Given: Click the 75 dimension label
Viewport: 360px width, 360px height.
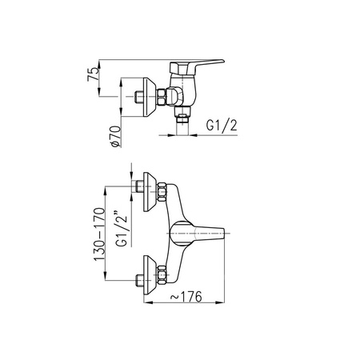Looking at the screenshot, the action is [x=93, y=74].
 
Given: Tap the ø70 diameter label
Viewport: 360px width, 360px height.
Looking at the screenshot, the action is [x=116, y=136].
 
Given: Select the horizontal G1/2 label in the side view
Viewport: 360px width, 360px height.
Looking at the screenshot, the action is [x=222, y=125].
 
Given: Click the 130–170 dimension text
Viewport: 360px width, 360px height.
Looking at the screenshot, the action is [x=99, y=234].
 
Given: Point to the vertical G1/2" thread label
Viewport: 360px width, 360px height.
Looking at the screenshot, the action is [x=122, y=229].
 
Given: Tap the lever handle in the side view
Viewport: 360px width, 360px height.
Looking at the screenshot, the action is [x=198, y=66].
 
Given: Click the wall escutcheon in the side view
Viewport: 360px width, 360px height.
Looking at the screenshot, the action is [x=150, y=97].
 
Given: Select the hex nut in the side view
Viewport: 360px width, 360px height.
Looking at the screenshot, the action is [x=162, y=97].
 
